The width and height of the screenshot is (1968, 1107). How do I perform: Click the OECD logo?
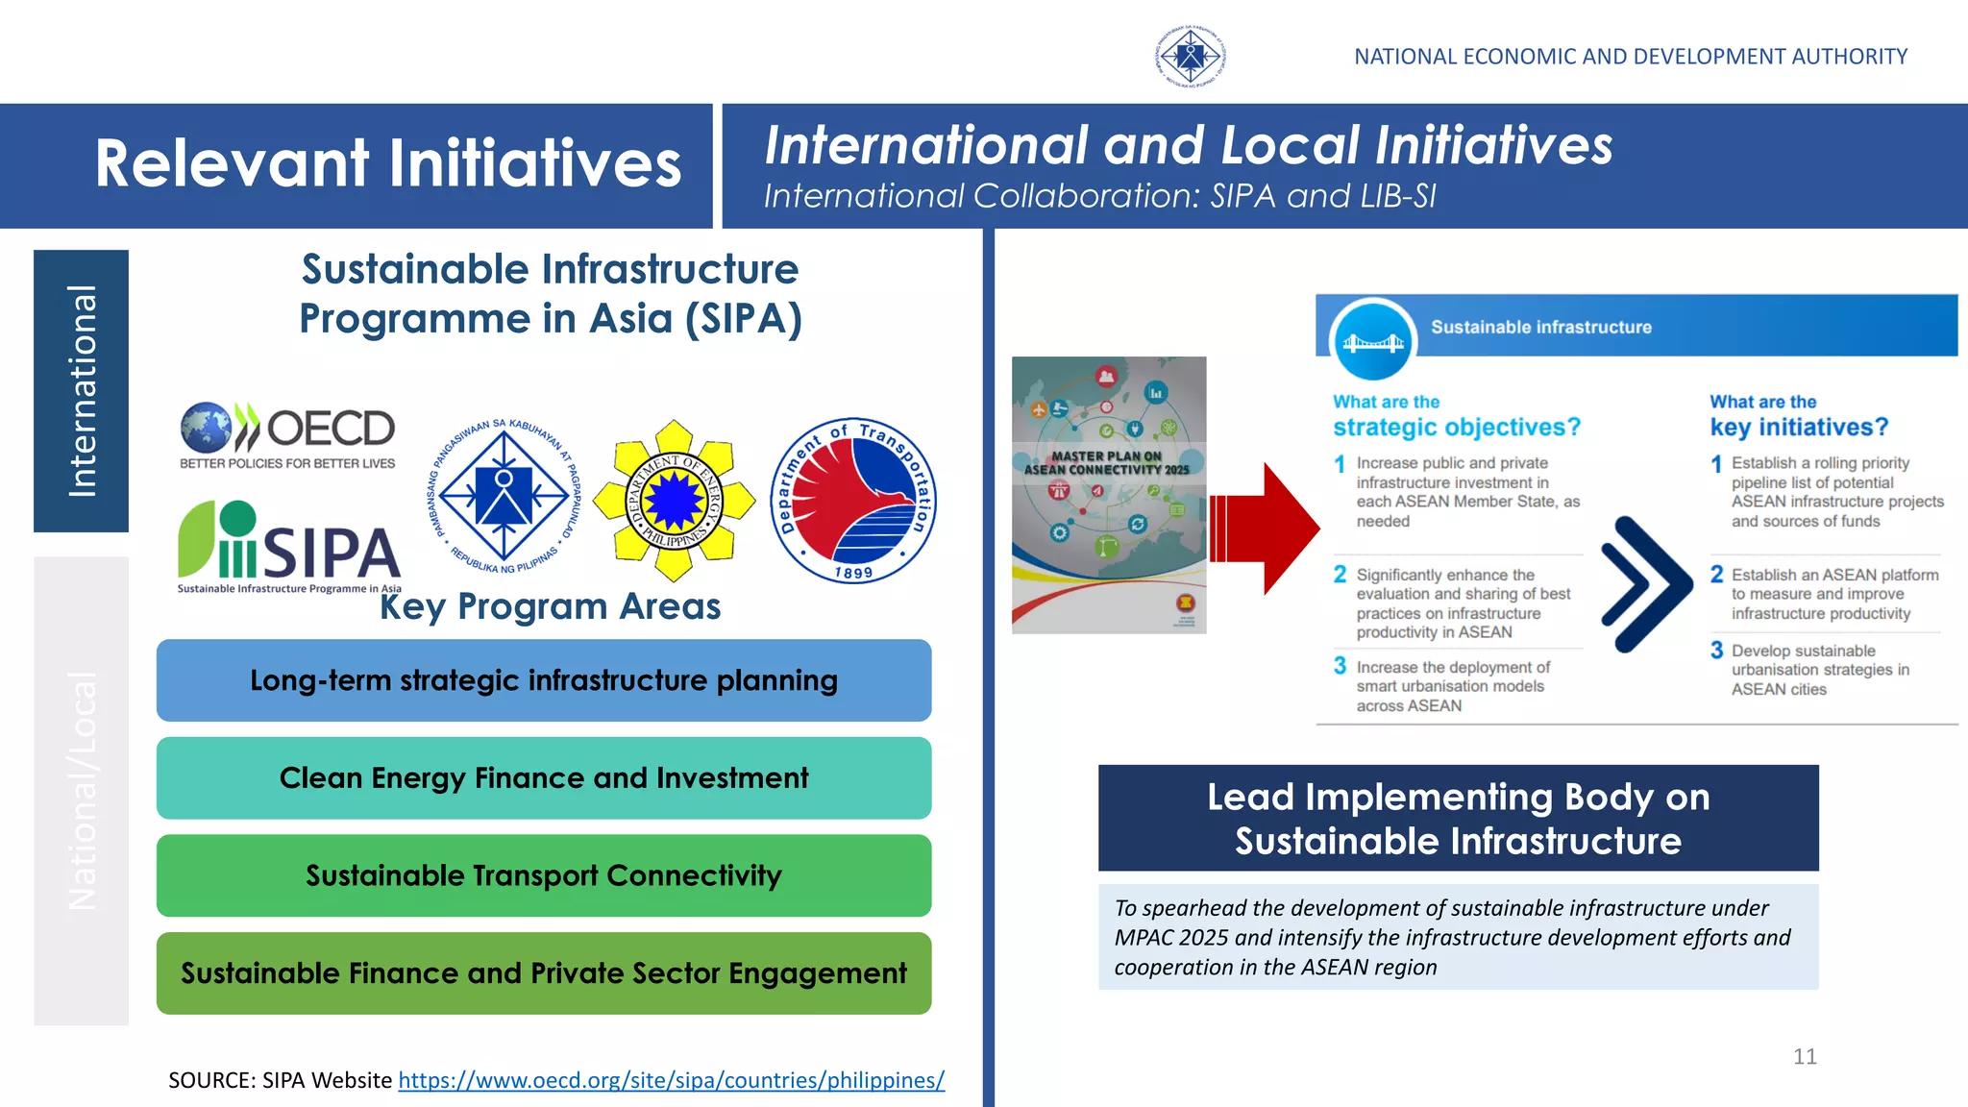(x=287, y=434)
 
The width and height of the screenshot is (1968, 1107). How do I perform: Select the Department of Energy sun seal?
(x=674, y=501)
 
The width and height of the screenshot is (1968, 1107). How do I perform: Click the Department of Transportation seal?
(x=853, y=501)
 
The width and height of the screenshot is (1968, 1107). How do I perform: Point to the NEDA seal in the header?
(x=1190, y=57)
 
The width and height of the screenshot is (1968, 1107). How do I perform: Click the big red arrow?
(x=1267, y=528)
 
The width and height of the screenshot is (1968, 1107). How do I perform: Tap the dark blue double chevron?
(x=1645, y=583)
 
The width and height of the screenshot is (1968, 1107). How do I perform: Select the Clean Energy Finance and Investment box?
(x=544, y=777)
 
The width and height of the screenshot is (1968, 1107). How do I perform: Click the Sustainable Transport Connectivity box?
(x=544, y=875)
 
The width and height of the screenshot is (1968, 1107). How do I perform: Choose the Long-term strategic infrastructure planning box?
(x=544, y=680)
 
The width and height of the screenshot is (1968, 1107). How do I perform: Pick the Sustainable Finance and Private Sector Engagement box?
(x=544, y=973)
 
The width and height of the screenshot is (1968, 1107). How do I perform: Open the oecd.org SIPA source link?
(x=671, y=1080)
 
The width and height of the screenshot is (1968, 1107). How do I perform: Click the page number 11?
(x=1805, y=1057)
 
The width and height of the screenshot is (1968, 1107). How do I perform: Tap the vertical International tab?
(x=82, y=391)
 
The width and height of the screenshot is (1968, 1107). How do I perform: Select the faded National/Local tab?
(x=82, y=790)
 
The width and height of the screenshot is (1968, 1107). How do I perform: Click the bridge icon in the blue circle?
(x=1373, y=342)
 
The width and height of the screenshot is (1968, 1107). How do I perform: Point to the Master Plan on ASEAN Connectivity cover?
(x=1108, y=495)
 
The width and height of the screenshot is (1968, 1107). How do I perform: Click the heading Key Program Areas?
(x=550, y=606)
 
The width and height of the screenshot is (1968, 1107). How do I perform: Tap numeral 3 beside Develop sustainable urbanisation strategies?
(x=1716, y=651)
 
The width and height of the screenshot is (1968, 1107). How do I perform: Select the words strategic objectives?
(x=1456, y=427)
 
